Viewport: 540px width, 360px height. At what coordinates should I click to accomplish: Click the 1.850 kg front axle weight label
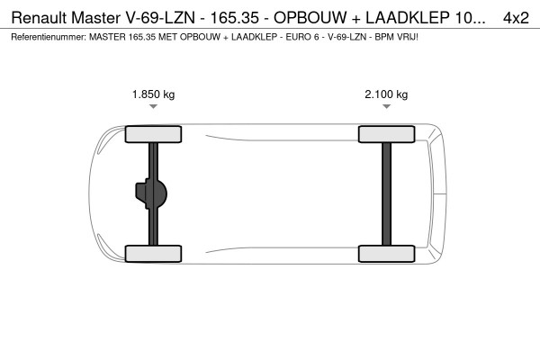point(154,94)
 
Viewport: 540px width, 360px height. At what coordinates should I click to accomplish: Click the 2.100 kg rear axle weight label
point(386,94)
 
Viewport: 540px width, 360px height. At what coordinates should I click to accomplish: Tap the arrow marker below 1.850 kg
point(154,107)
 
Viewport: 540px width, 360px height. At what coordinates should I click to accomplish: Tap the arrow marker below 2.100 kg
point(386,107)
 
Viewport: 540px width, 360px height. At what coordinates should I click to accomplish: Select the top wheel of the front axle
point(154,134)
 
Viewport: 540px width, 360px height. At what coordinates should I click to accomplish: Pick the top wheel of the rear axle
point(386,134)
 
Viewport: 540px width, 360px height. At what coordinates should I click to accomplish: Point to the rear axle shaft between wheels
point(386,193)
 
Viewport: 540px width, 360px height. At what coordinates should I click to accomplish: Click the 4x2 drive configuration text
point(516,16)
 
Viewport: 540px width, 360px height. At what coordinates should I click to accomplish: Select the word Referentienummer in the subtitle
point(45,37)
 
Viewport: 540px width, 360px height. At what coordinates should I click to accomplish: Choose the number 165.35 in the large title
point(233,16)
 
